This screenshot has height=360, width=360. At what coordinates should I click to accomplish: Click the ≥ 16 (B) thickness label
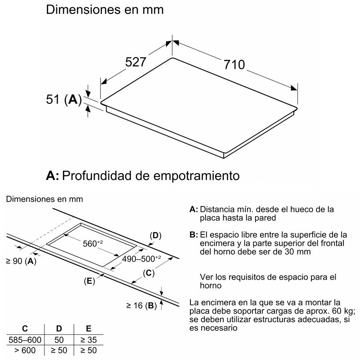click(141, 306)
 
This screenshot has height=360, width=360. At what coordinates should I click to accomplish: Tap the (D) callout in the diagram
click(155, 235)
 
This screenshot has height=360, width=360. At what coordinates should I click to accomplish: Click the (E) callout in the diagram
click(89, 281)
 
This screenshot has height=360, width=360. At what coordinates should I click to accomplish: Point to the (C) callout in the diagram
click(149, 273)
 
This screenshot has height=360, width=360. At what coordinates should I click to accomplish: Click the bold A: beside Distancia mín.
click(193, 209)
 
